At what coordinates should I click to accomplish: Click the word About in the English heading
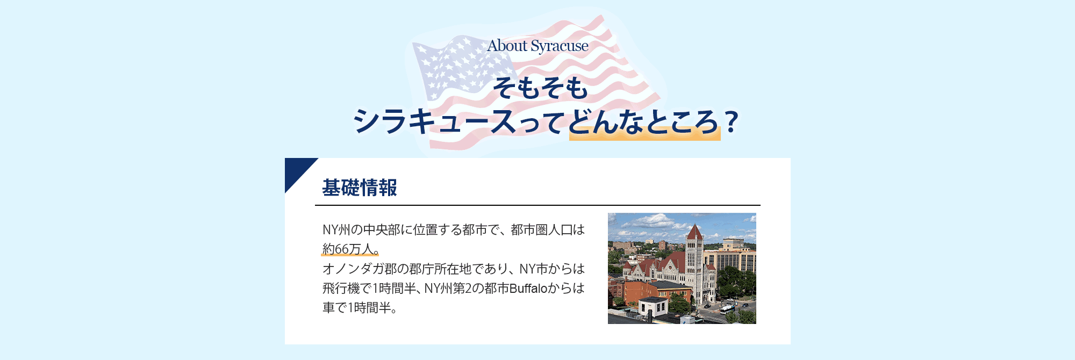[507, 46]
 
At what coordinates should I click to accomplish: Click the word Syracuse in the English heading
[560, 47]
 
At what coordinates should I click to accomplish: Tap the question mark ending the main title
[730, 122]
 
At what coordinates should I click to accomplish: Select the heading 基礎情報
[360, 188]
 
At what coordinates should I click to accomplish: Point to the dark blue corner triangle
[296, 169]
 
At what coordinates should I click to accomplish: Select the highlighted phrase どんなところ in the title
[644, 122]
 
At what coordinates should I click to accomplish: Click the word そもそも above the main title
[541, 88]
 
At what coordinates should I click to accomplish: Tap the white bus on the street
[727, 309]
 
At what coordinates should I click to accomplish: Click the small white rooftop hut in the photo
[653, 306]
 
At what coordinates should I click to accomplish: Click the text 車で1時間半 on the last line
[357, 308]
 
